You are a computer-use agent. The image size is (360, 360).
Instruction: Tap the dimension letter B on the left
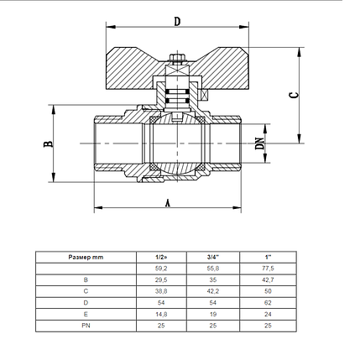pos(50,144)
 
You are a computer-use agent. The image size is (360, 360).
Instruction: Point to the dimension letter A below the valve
pos(170,202)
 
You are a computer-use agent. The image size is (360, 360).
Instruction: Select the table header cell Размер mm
pos(86,256)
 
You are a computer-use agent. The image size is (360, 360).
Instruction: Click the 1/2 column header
pos(160,256)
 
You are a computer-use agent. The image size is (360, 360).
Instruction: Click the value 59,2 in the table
pos(160,268)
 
